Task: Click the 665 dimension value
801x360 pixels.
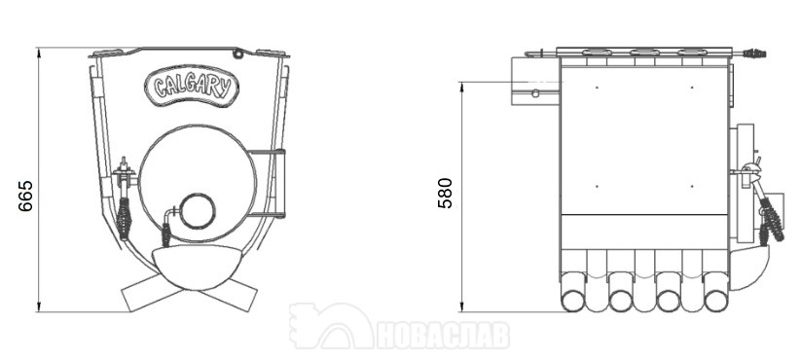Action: pos(25,196)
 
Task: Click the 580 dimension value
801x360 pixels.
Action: pos(446,193)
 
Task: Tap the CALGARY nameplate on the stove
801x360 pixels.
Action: pos(192,87)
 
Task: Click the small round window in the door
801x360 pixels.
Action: pos(198,211)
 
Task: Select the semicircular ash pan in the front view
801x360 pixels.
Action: pos(198,267)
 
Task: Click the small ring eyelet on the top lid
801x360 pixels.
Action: pos(237,54)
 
